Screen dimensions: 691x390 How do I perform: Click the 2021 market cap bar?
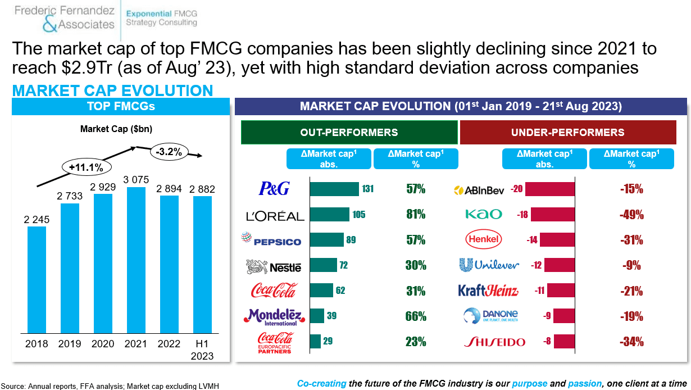136,260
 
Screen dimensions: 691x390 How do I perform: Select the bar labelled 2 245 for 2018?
37,280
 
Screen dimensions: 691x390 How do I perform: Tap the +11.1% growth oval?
87,167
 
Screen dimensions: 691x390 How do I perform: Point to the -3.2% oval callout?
169,152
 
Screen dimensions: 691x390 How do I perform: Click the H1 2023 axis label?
202,350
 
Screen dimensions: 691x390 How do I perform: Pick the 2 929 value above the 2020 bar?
103,187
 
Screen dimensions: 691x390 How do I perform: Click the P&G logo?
274,188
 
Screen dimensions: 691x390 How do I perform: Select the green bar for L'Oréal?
329,214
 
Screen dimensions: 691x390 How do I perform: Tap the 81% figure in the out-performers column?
416,214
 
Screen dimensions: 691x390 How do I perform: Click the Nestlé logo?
274,266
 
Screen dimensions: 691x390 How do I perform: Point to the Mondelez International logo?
274,317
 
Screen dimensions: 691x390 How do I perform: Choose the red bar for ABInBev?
550,189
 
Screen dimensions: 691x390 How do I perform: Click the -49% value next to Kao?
631,215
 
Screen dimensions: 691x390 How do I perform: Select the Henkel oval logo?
483,239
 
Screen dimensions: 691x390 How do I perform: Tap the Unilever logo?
489,265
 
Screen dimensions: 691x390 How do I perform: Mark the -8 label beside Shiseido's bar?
547,341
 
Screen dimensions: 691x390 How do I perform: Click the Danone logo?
491,316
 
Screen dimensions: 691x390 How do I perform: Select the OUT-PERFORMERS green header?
349,133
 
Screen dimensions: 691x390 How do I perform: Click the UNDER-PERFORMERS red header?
568,133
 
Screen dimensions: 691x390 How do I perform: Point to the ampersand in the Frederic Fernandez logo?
49,24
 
